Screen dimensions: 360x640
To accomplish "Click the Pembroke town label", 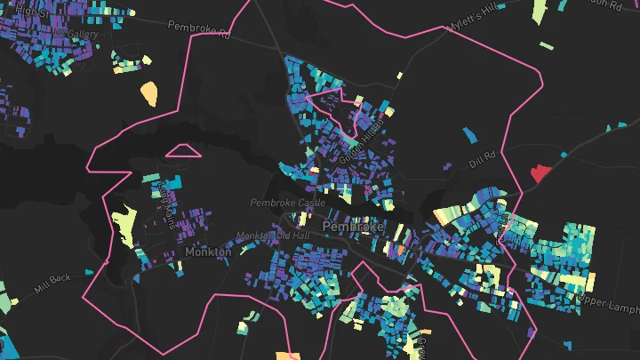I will click(353, 227).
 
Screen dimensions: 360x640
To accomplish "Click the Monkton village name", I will click(208, 252).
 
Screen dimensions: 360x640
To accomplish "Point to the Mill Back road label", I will click(52, 284).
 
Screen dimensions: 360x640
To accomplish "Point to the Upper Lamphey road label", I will click(609, 304).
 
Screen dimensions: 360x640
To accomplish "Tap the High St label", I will click(30, 10).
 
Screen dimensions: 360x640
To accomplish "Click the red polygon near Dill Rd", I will click(540, 172).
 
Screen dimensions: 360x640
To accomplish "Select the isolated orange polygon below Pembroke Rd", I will click(148, 92).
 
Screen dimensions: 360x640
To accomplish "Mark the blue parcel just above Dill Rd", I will click(469, 135).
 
